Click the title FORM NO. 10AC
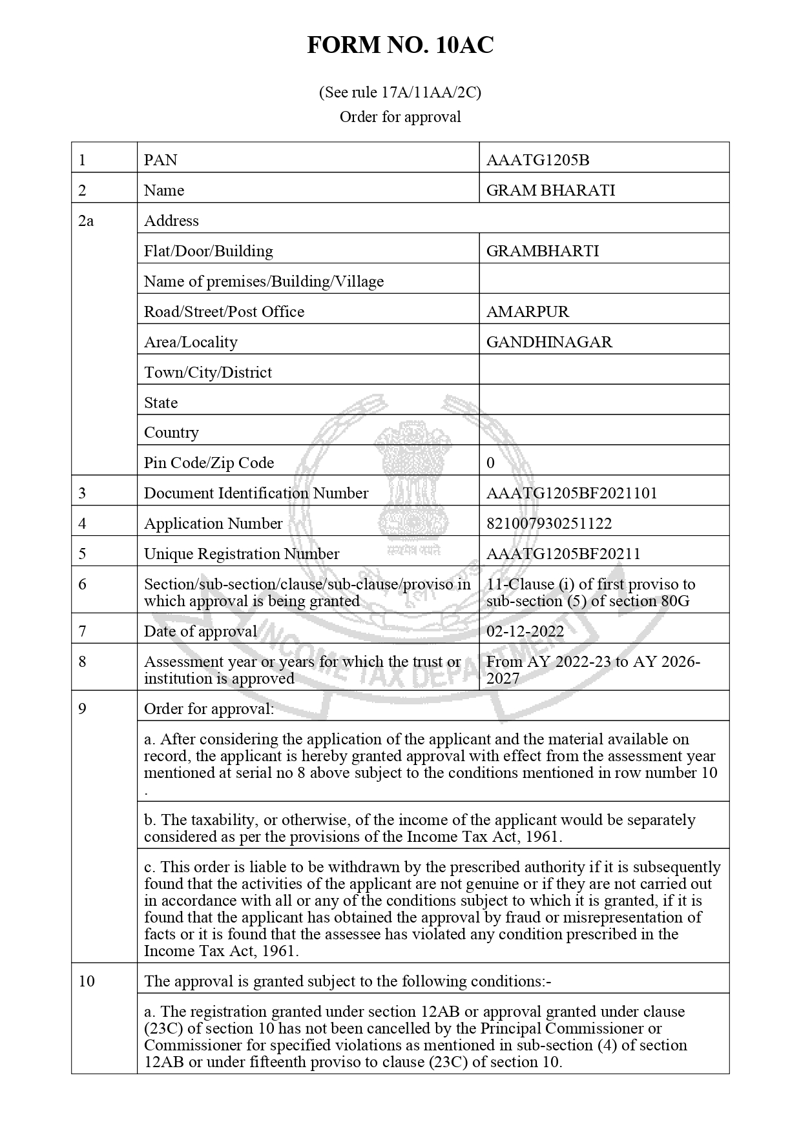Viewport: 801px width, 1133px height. (x=400, y=45)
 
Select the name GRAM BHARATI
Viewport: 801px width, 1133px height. (x=550, y=190)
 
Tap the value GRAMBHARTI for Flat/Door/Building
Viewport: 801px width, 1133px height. (x=543, y=251)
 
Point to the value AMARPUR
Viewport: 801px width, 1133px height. (x=528, y=312)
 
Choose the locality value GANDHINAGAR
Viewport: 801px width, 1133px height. (x=549, y=342)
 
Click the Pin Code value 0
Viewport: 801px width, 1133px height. (x=491, y=463)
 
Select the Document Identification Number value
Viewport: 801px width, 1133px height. (x=572, y=493)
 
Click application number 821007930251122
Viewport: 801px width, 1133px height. (x=549, y=524)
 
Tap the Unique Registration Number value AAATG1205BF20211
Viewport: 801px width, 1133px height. (x=563, y=554)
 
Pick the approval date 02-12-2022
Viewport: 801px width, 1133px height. (x=525, y=631)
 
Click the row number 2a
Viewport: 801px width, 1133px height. (x=86, y=221)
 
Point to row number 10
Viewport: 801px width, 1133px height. (x=87, y=981)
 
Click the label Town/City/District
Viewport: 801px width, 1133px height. (x=208, y=373)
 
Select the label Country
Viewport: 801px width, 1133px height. (x=171, y=433)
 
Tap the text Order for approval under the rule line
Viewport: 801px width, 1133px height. (x=400, y=117)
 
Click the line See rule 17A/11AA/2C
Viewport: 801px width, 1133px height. (x=400, y=92)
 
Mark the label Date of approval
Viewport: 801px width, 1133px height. (x=200, y=631)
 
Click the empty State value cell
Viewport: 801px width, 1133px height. (x=604, y=403)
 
